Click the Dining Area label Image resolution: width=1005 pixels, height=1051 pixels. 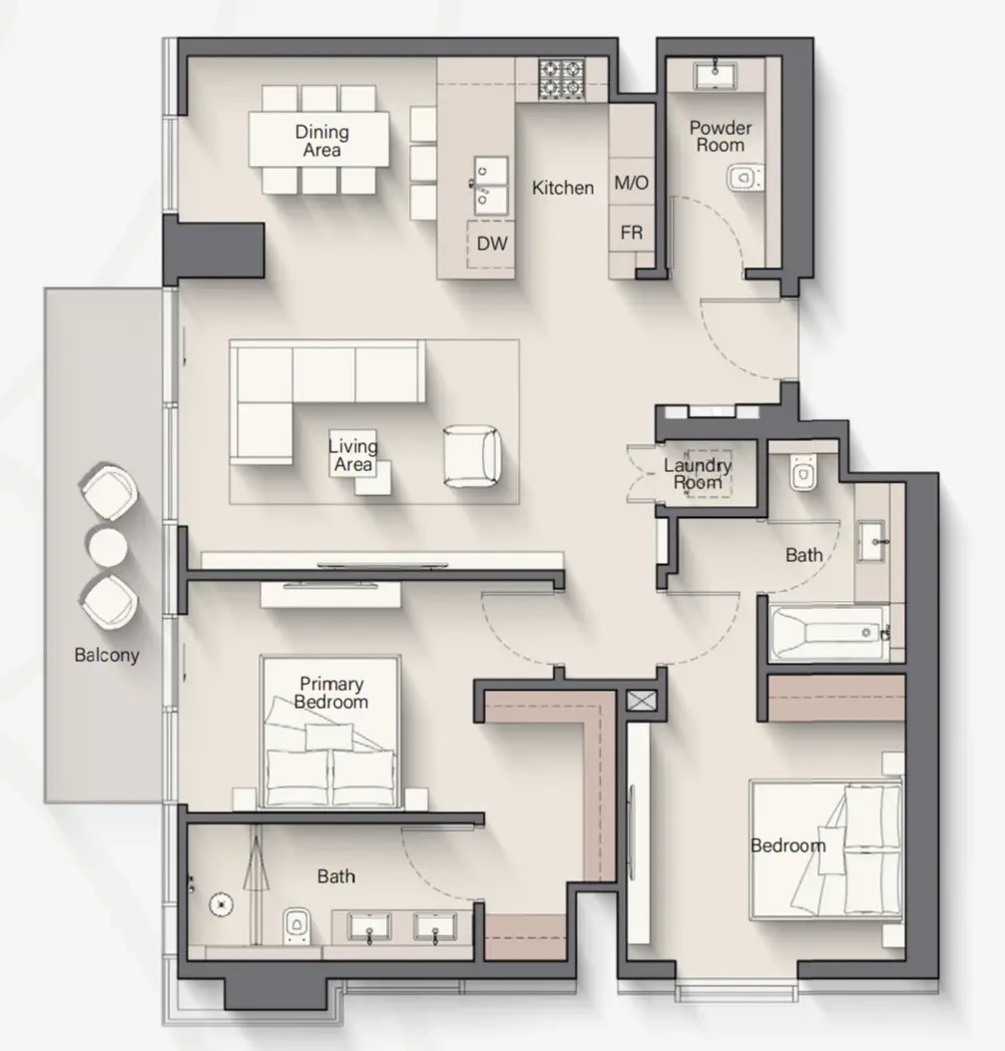pyautogui.click(x=321, y=141)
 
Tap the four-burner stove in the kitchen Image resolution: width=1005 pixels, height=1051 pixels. pyautogui.click(x=561, y=80)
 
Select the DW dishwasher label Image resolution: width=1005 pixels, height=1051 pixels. pyautogui.click(x=492, y=244)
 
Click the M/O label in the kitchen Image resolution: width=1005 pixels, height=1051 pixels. pyautogui.click(x=631, y=183)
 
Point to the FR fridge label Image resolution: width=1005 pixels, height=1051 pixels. pyautogui.click(x=631, y=233)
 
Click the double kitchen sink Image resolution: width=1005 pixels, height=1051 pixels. pyautogui.click(x=490, y=186)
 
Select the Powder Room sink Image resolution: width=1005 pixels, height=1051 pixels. pyautogui.click(x=716, y=75)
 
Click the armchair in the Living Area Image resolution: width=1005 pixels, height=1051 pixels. pyautogui.click(x=472, y=456)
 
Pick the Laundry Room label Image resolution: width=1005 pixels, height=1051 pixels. pyautogui.click(x=698, y=474)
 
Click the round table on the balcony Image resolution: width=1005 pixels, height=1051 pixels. pyautogui.click(x=108, y=546)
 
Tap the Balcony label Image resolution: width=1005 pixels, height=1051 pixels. pyautogui.click(x=107, y=655)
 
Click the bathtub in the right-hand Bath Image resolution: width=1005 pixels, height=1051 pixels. pyautogui.click(x=830, y=633)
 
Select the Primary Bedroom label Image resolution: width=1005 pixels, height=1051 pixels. pyautogui.click(x=331, y=693)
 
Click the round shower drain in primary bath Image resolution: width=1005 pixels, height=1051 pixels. pyautogui.click(x=221, y=905)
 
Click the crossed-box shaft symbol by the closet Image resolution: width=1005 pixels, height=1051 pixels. pyautogui.click(x=641, y=701)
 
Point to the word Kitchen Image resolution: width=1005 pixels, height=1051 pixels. pyautogui.click(x=563, y=188)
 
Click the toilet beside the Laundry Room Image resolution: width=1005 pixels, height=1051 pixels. pyautogui.click(x=802, y=472)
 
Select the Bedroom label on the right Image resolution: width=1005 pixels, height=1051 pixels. pyautogui.click(x=787, y=846)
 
